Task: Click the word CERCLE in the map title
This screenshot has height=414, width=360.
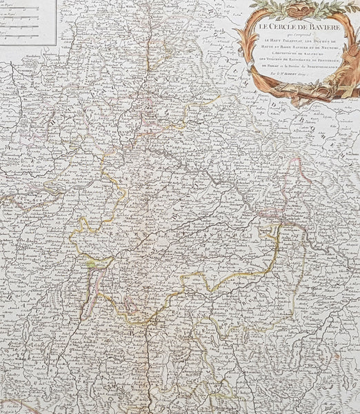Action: pos(276,28)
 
